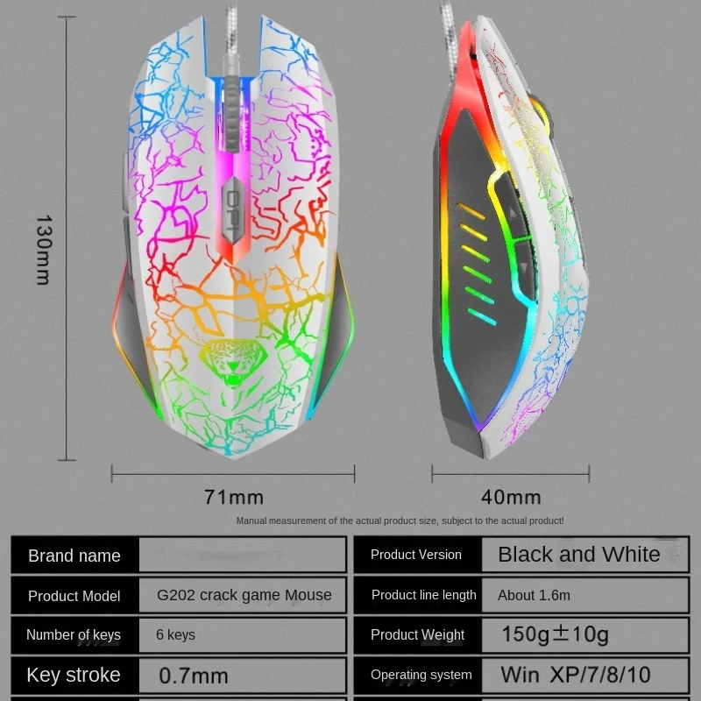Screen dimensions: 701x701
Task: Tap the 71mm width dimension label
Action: coord(233,497)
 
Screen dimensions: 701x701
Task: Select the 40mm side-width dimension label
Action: coord(511,497)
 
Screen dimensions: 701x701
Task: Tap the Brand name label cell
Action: coord(74,556)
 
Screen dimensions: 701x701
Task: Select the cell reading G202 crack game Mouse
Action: coord(244,596)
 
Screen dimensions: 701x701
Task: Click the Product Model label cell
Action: coord(74,596)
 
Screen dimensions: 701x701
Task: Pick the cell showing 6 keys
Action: coord(175,635)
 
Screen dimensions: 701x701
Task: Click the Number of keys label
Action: coord(74,635)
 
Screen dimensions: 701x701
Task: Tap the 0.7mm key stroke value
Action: coord(194,676)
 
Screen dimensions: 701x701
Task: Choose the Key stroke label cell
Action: coord(74,676)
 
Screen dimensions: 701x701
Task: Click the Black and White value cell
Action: coord(578,555)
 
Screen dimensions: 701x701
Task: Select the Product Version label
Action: coord(416,555)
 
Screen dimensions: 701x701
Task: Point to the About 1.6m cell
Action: coord(534,596)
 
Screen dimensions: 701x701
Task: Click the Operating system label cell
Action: coord(421,676)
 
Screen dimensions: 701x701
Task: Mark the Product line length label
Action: coord(424,596)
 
